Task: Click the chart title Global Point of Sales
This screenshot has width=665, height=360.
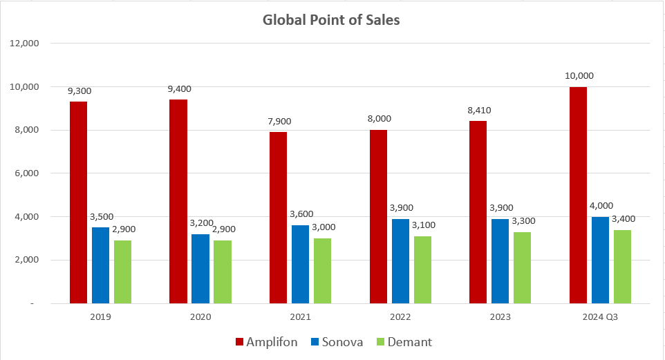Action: click(331, 19)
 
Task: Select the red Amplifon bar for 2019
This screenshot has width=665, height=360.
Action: click(78, 202)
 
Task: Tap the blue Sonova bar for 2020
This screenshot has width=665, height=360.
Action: click(200, 269)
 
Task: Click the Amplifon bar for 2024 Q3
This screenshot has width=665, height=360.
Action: click(578, 195)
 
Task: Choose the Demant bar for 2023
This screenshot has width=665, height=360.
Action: click(523, 267)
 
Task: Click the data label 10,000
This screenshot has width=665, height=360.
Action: click(578, 76)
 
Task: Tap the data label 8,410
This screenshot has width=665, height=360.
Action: click(478, 110)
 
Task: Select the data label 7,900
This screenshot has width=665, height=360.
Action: click(278, 121)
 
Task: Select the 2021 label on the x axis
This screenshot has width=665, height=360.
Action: click(300, 317)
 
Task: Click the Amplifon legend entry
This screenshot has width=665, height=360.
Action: click(266, 342)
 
